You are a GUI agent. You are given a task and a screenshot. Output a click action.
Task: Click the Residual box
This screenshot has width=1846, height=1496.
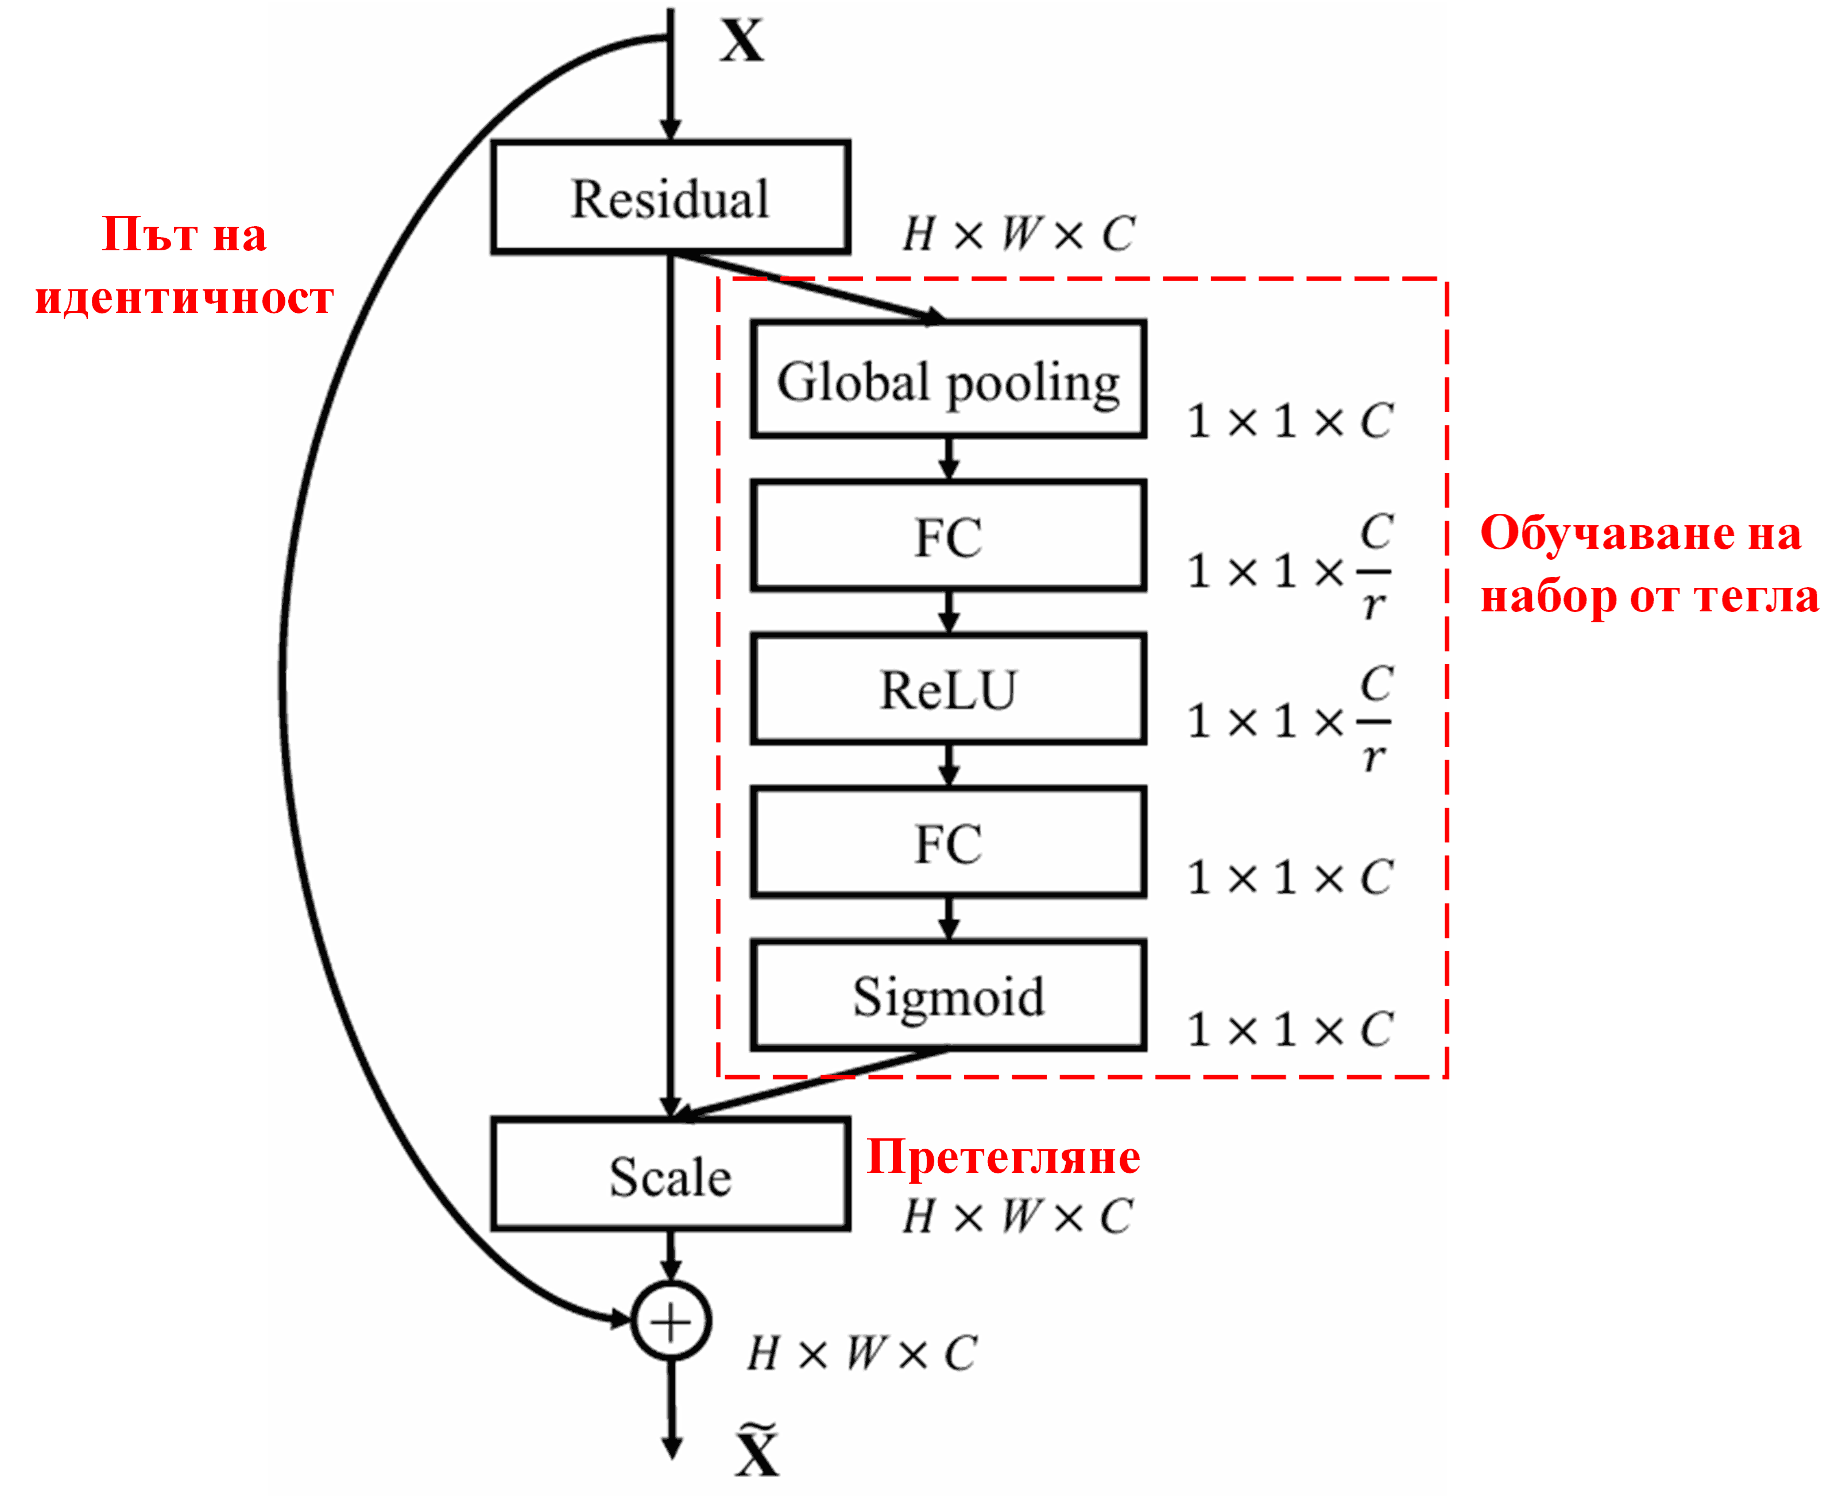point(671,197)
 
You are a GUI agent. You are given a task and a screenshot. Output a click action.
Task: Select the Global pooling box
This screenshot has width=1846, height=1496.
point(948,380)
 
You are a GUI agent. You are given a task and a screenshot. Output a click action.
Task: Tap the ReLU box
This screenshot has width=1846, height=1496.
point(948,689)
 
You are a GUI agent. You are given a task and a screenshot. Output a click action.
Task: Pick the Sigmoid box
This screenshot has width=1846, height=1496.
point(948,996)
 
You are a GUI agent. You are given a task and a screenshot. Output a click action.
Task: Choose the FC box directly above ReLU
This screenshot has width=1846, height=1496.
point(948,536)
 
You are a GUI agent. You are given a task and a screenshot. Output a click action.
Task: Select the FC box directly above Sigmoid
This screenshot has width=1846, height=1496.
point(948,843)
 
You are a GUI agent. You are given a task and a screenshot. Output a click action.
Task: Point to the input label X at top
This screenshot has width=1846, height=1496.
point(741,41)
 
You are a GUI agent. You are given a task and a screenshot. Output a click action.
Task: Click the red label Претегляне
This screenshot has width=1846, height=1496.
point(1003,1157)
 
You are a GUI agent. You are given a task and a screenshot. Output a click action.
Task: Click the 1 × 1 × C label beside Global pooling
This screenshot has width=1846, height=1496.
point(1289,421)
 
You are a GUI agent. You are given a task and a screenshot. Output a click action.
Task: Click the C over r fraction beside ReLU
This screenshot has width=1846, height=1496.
point(1375,719)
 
